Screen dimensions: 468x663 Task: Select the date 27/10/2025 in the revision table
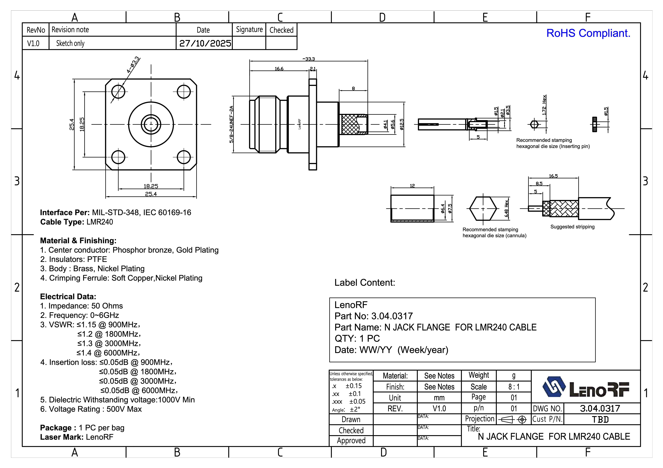205,43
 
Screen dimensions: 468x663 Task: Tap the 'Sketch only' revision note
70,43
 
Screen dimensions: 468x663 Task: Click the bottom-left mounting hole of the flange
118,157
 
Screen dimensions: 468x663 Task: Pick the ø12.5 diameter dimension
402,124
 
